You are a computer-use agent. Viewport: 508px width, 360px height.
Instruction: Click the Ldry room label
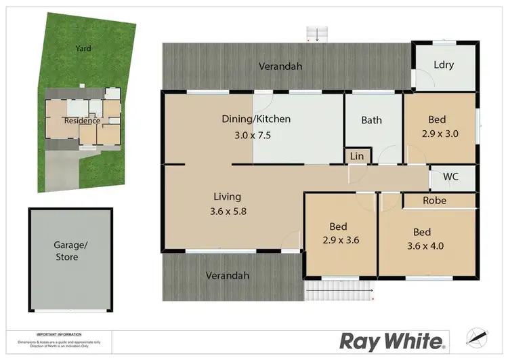[x=443, y=65]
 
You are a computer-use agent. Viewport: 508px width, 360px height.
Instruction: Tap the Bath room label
[x=371, y=121]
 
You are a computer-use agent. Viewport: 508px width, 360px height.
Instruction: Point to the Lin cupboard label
[x=356, y=157]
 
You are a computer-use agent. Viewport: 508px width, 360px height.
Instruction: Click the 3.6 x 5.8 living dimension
[x=228, y=211]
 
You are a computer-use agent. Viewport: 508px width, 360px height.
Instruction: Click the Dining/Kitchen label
[x=256, y=119]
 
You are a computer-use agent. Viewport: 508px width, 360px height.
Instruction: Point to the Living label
[x=227, y=197]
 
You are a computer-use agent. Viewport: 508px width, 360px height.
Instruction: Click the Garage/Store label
[x=66, y=251]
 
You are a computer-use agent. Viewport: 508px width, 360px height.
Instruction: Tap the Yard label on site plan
[x=83, y=49]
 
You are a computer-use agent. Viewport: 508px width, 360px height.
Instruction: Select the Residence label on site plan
[x=82, y=121]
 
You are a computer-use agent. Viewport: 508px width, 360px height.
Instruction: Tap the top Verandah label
[x=280, y=66]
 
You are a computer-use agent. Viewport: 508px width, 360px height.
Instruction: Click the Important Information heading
[x=60, y=334]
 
